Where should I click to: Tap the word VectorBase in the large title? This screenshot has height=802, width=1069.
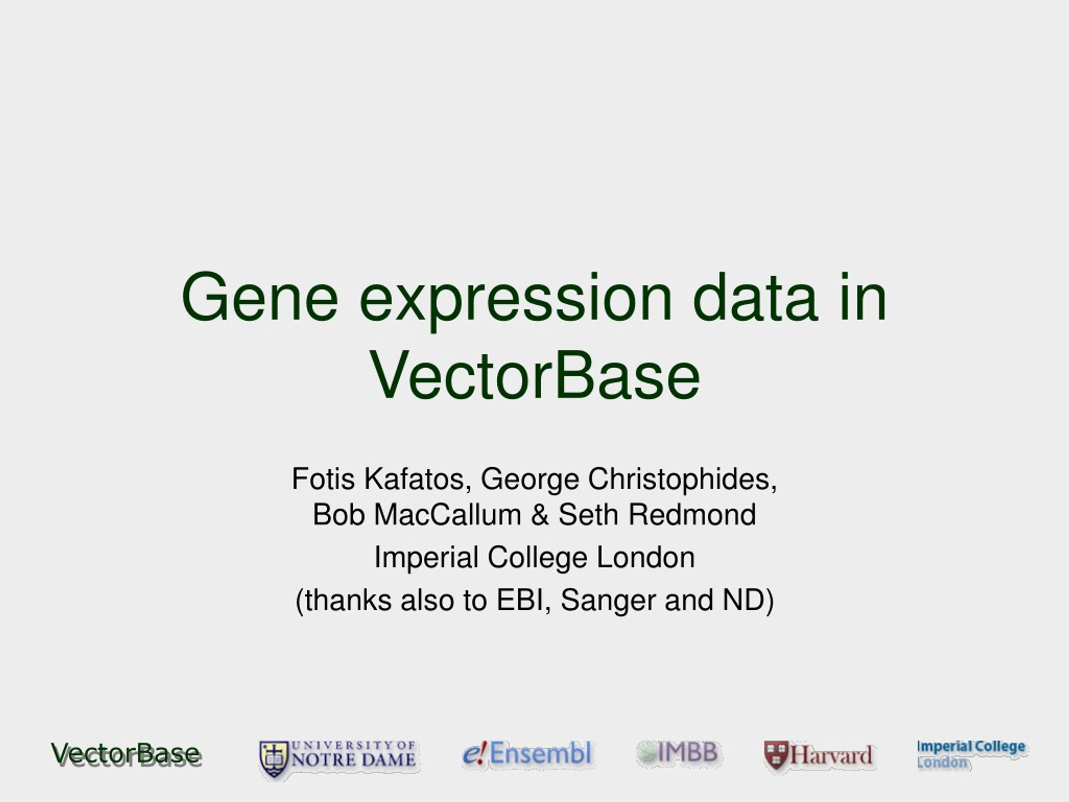pos(534,375)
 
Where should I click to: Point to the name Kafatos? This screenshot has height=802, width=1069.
pos(418,479)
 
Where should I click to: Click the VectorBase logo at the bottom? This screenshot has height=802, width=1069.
pos(126,754)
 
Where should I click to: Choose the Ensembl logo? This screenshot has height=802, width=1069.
pos(527,754)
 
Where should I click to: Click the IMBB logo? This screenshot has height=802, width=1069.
pos(678,752)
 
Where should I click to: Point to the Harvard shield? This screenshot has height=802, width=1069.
pos(776,755)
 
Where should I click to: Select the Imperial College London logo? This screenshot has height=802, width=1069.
pos(971,754)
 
